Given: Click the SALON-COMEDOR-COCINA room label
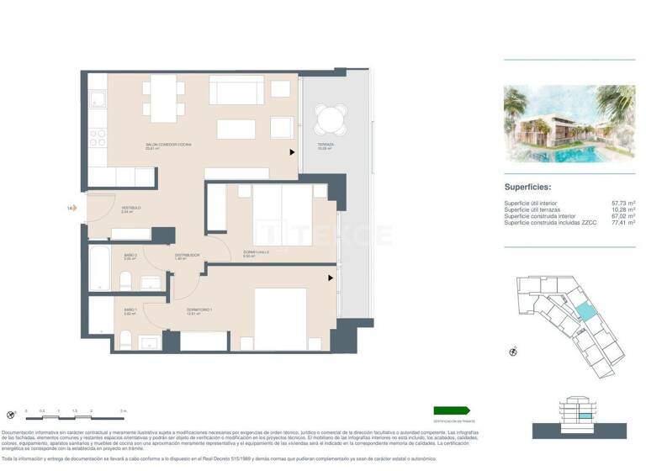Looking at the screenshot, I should pos(168,146).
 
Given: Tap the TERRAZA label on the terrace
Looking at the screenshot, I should pos(326,146).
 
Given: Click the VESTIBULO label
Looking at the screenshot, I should pos(131,208).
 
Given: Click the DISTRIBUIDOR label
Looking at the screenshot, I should pos(187,255).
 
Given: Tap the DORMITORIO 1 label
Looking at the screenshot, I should pos(199,311).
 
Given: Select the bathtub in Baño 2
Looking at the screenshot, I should pos(101,267).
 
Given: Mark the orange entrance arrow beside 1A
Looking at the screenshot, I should pos(82,207).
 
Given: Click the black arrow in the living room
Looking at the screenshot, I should pos(293,152).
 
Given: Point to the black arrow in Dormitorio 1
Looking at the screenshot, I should pos(331,277).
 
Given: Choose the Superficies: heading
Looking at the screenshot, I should pos(527,188).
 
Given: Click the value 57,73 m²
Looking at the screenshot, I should pos(623,204).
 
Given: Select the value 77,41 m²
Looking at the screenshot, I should pos(623,223).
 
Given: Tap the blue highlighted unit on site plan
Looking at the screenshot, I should pos(584,311).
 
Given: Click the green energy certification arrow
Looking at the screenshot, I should pos(449,410).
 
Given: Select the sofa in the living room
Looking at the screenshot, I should pos(237,89).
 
